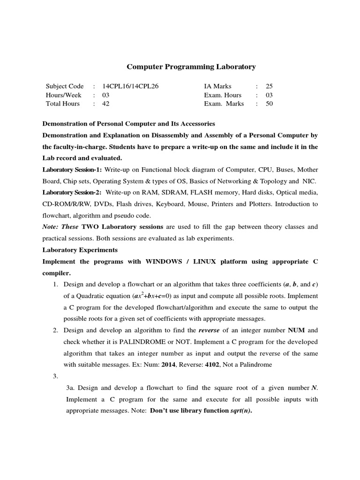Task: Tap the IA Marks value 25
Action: point(269,86)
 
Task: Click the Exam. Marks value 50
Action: point(269,104)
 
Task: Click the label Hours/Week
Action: point(63,95)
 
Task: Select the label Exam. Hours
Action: point(223,95)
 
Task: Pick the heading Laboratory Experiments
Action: point(80,249)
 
